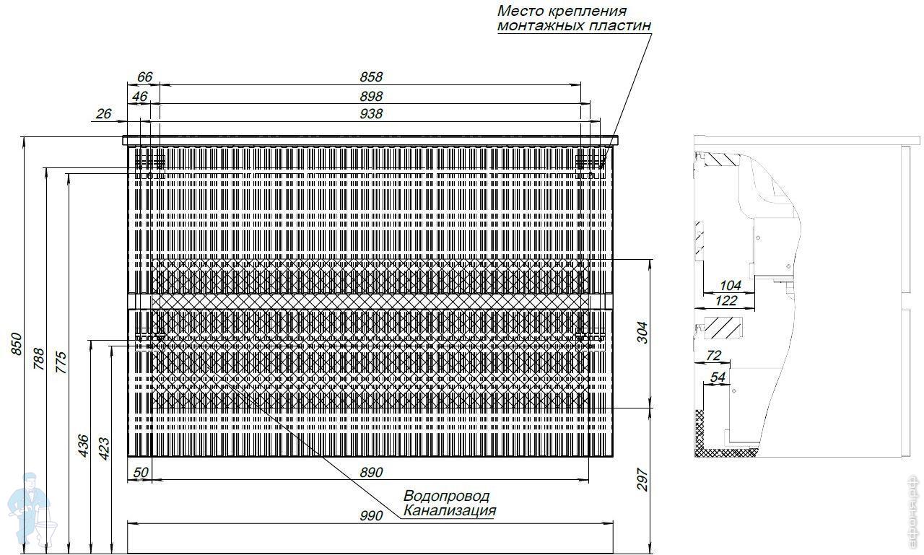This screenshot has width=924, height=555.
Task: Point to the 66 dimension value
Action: coord(144,77)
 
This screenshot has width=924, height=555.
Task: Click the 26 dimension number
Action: coord(103,113)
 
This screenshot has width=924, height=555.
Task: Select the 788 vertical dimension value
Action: coord(39,359)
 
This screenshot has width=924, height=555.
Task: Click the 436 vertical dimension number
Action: coord(83,445)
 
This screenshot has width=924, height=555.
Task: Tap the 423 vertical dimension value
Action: coord(104,448)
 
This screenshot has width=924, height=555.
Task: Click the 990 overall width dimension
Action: coord(370,515)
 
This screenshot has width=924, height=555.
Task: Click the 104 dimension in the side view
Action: coord(731,286)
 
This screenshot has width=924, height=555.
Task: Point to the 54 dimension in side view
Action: coord(718,377)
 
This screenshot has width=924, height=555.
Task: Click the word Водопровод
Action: coord(446,497)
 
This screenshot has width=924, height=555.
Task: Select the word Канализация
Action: coord(450,511)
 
